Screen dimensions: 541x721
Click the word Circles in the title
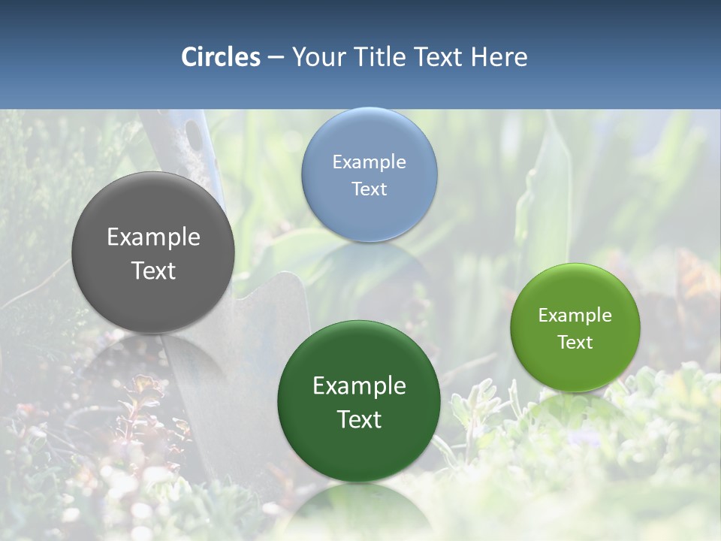[221, 57]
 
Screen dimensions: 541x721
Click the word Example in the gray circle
[153, 237]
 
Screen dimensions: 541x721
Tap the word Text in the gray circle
[153, 270]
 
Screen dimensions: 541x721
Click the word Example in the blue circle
[369, 162]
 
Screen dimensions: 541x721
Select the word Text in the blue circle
[369, 189]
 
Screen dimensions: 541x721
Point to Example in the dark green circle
[359, 386]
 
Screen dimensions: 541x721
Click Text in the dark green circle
[359, 419]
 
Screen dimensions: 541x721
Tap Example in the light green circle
[575, 316]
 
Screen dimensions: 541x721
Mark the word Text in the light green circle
[575, 343]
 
